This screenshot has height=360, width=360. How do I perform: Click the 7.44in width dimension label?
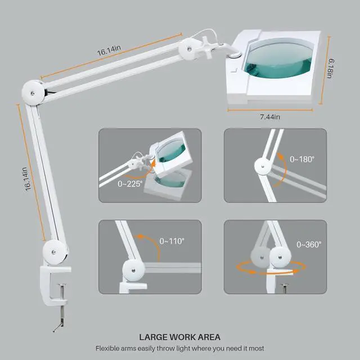270,116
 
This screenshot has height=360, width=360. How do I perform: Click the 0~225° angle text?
130,183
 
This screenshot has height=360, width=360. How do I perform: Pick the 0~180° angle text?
302,160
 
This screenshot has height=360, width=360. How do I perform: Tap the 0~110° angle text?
172,241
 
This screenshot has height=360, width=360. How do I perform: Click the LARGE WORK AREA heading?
179,337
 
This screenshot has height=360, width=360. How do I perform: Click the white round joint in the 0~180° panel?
262,166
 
